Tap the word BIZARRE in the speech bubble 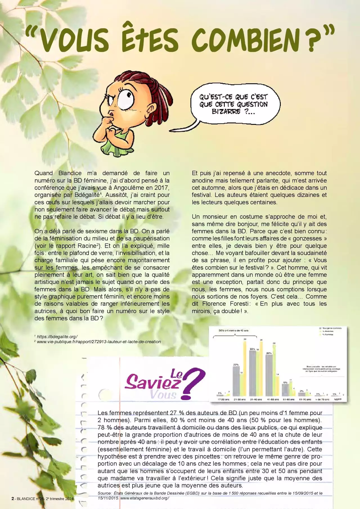click(x=226, y=112)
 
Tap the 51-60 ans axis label click(x=289, y=399)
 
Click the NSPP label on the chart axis click(x=337, y=399)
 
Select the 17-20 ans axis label click(x=223, y=399)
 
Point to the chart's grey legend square click(x=320, y=328)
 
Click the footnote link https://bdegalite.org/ click(x=57, y=337)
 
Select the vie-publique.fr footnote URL click(x=99, y=342)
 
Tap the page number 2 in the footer click(x=13, y=499)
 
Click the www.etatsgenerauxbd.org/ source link click(x=145, y=498)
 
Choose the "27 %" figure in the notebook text click(x=177, y=413)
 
